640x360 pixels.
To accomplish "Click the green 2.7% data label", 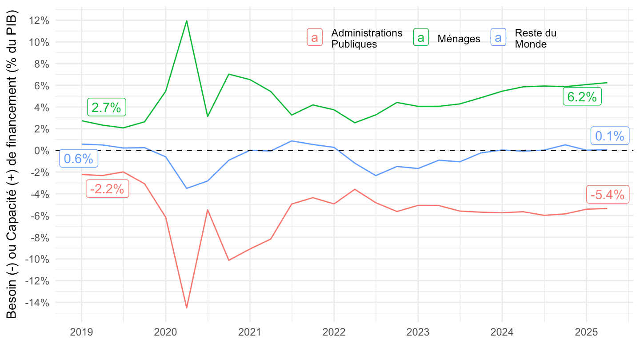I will [107, 107].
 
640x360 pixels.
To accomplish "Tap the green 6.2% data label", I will [582, 96].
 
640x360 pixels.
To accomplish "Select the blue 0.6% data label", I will [79, 159].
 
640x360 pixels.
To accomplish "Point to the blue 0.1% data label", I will [610, 136].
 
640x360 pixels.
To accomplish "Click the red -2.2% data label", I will [107, 189].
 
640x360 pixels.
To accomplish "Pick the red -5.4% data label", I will [608, 194].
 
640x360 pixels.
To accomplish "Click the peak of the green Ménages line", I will [187, 20].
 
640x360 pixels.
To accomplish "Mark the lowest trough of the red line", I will [187, 308].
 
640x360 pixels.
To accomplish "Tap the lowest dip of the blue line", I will [187, 188].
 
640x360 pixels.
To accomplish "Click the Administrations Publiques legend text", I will [367, 39].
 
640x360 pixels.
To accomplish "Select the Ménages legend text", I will [459, 39].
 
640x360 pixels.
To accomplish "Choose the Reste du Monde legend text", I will [535, 39].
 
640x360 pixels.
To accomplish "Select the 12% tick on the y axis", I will [40, 20].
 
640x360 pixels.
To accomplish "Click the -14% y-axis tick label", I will [38, 303].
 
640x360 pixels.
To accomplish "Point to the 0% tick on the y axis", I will [42, 151].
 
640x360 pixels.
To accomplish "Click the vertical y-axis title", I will [12, 164].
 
